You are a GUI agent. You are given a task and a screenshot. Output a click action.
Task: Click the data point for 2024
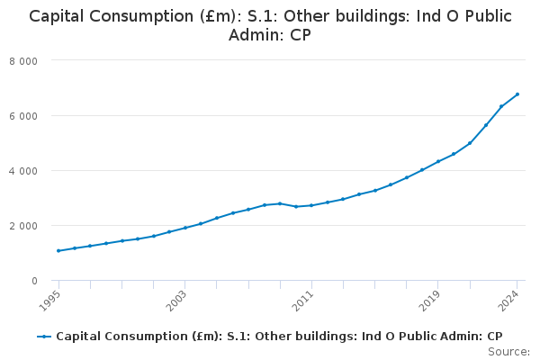pos(517,94)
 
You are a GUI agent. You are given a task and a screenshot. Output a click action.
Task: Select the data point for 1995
pos(58,250)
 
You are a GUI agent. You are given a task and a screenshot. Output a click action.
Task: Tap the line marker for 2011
pos(311,205)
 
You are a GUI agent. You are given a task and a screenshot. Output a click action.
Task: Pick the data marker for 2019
pos(437,161)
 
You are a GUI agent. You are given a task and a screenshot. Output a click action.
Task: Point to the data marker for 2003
pos(184,228)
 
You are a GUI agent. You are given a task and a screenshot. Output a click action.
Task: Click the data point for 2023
pos(501,106)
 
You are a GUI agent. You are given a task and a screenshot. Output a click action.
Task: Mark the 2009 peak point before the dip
pos(280,203)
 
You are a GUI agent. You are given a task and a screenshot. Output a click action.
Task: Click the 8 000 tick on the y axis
pos(37,60)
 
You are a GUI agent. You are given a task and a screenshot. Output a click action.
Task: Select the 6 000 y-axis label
pos(37,115)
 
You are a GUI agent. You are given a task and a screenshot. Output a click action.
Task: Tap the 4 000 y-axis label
pos(37,170)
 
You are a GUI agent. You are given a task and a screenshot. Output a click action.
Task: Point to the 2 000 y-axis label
pos(37,225)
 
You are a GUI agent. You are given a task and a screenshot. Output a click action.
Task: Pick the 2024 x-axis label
pos(510,298)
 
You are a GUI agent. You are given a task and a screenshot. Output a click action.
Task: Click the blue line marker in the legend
pos(44,336)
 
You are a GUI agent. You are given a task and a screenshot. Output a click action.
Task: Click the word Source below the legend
pos(508,351)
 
